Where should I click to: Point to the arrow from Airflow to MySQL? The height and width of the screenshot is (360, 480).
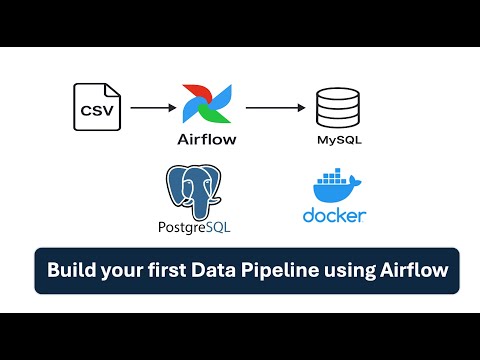coord(276,106)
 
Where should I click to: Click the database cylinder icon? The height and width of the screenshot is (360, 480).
coord(334,106)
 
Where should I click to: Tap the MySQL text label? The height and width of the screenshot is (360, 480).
coord(334,140)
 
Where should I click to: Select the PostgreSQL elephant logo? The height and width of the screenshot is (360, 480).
coord(192,191)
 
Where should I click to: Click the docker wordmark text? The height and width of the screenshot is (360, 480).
coord(333,215)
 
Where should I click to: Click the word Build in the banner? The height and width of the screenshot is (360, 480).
coord(71,270)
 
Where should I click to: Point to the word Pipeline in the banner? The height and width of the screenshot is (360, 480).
coord(291,270)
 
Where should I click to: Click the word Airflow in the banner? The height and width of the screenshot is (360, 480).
coord(419,270)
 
